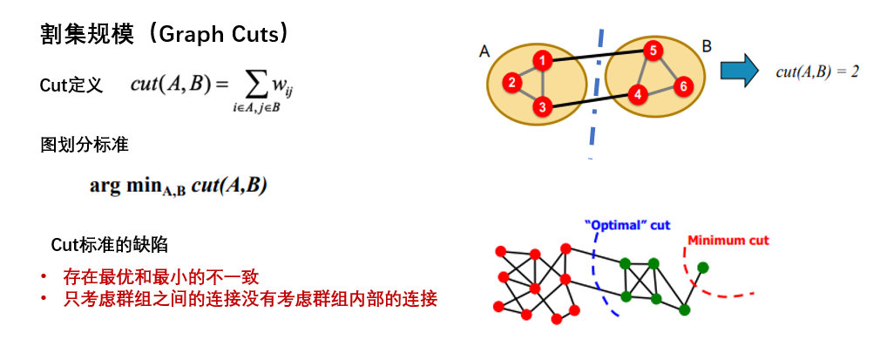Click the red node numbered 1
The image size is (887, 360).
coord(542,61)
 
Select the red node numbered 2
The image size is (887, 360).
coord(512,83)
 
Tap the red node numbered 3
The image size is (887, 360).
coord(542,107)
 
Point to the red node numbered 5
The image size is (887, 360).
coord(652,51)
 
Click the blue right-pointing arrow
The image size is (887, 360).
coord(739,70)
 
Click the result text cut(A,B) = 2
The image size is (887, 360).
coord(817,72)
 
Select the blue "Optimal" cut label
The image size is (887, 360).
coord(627,225)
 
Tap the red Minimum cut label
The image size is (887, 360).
coord(728,241)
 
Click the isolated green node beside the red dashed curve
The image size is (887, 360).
coord(703,267)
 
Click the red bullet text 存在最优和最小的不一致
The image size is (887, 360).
coord(162,278)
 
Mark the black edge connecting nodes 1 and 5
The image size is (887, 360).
coord(597,56)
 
